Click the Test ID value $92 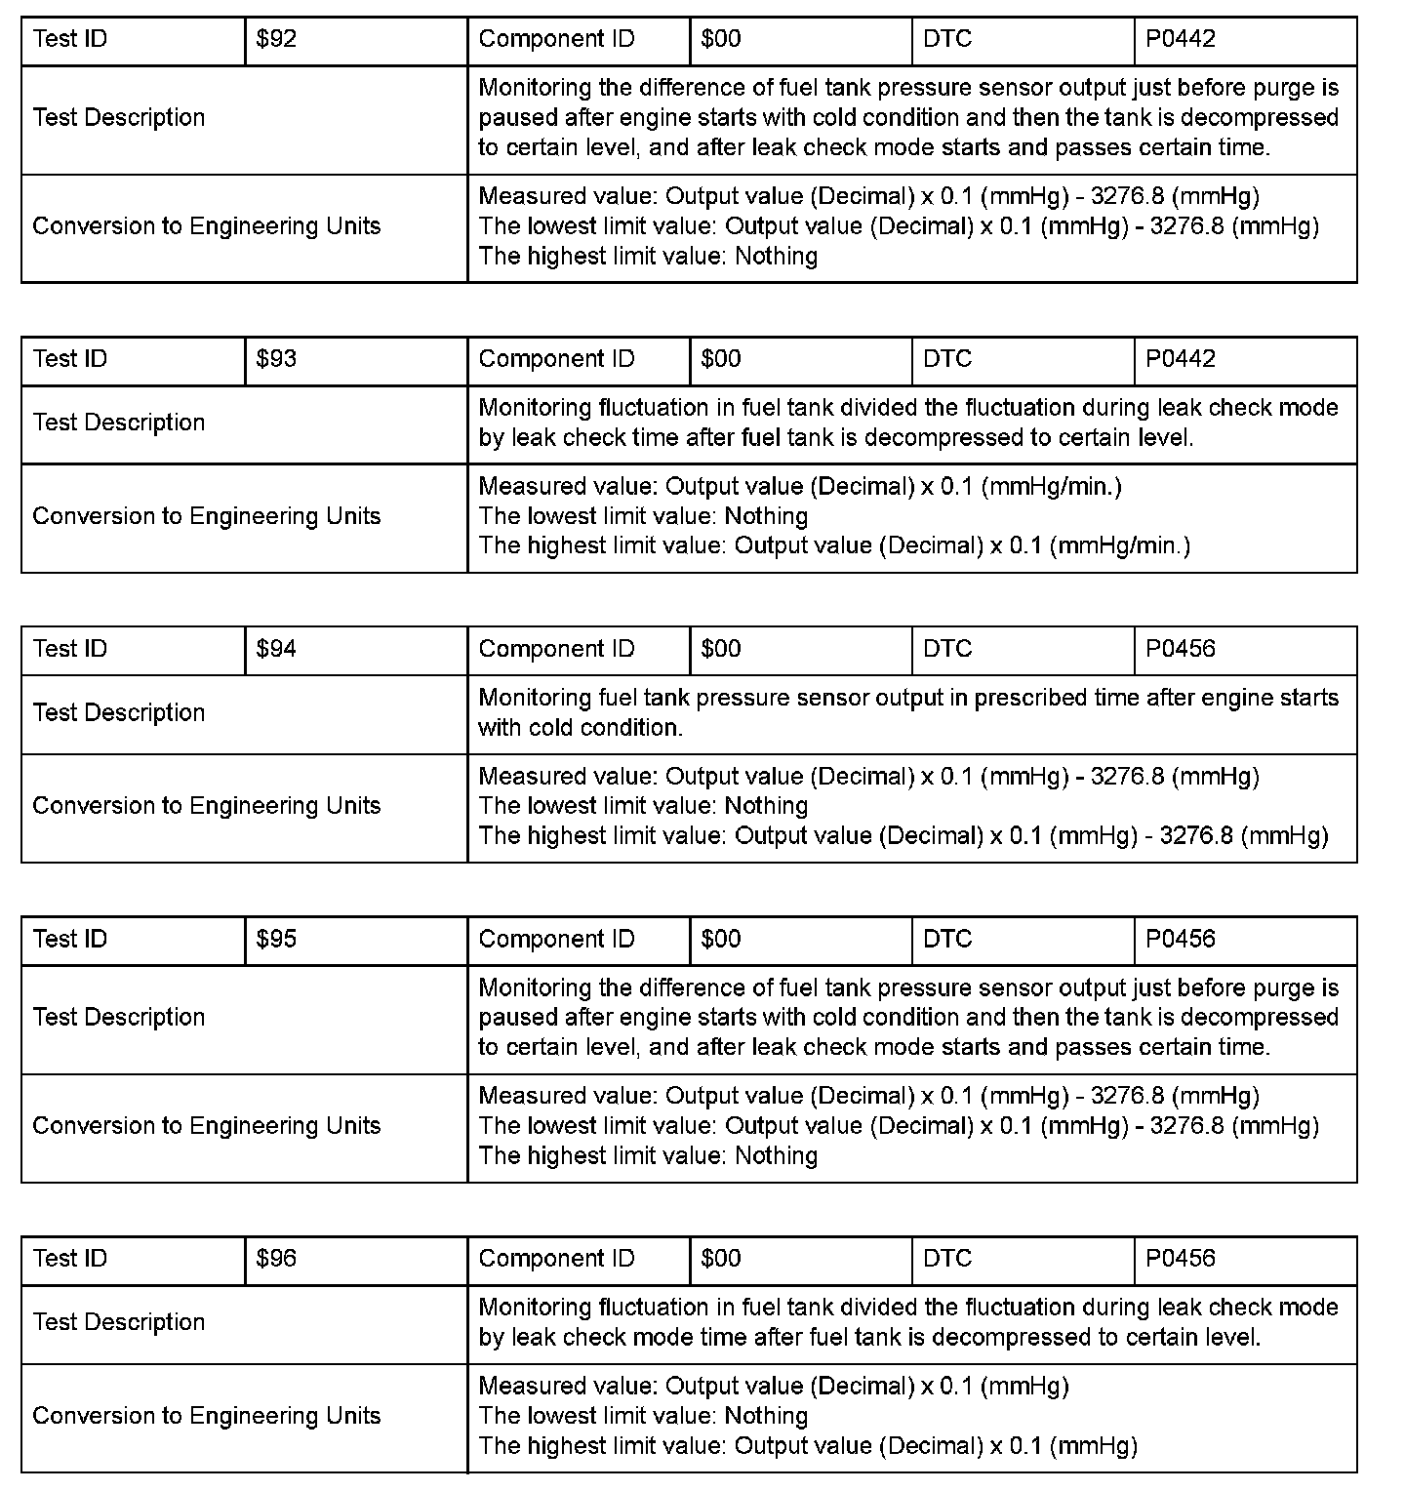[x=276, y=39]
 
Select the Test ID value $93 [x=276, y=359]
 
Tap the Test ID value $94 [x=276, y=649]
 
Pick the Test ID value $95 [x=276, y=939]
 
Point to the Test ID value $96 [x=276, y=1259]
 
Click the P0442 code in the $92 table [x=1181, y=39]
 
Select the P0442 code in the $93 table [x=1181, y=359]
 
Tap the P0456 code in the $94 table [x=1181, y=649]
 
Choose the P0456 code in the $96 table [x=1181, y=1259]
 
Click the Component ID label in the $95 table [x=556, y=939]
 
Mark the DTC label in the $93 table [x=947, y=359]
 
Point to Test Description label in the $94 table [x=119, y=713]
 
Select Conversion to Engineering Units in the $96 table [x=207, y=1416]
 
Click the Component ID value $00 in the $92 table [x=721, y=39]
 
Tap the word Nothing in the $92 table [x=776, y=257]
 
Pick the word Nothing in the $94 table [x=766, y=806]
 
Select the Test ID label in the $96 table [x=69, y=1259]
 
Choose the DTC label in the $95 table [x=947, y=939]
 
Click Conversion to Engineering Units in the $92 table [x=207, y=226]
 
